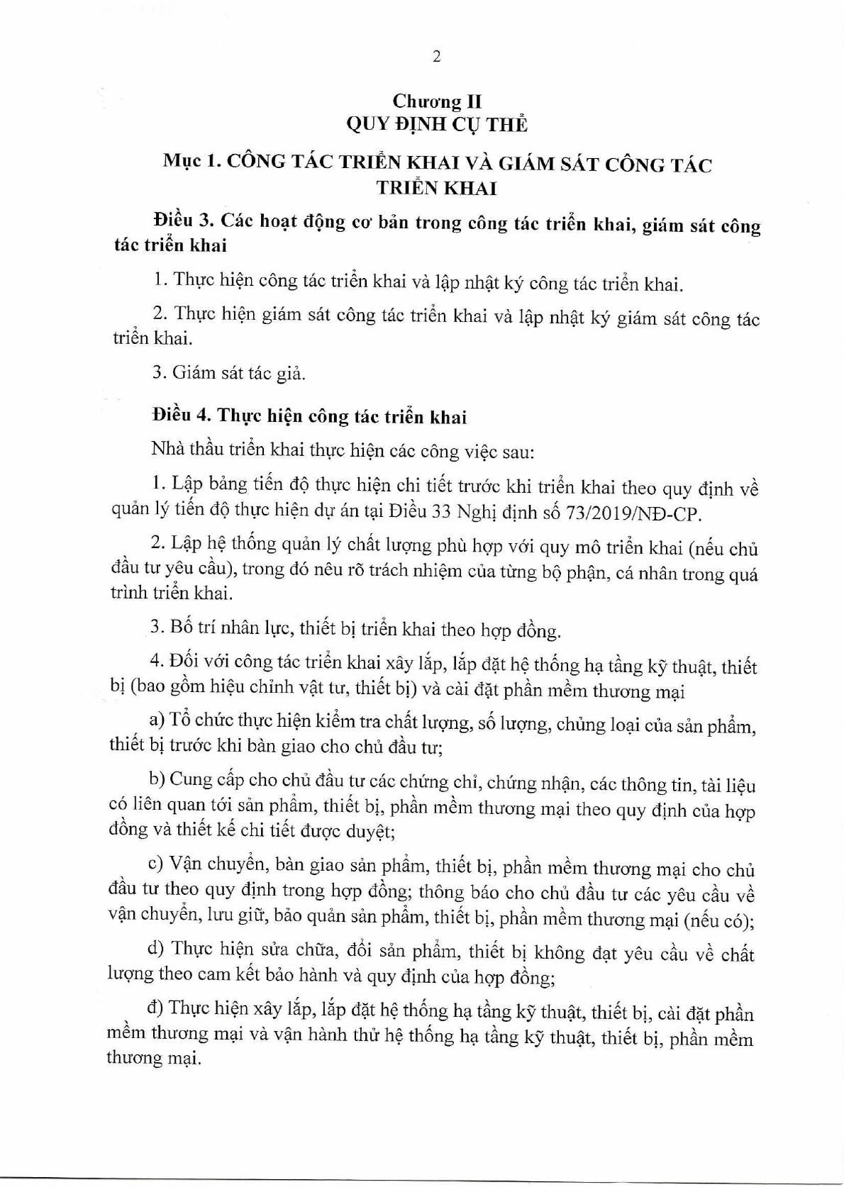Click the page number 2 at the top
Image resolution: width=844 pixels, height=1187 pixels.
pos(436,57)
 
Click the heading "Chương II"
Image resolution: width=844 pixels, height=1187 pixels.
pos(437,101)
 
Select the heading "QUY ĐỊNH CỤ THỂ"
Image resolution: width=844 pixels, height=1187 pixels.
pos(437,125)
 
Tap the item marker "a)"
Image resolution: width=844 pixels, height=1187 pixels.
pos(157,720)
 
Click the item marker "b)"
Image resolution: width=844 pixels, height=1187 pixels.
pos(157,779)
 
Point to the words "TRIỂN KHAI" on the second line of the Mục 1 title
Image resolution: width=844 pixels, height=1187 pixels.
pos(437,189)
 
